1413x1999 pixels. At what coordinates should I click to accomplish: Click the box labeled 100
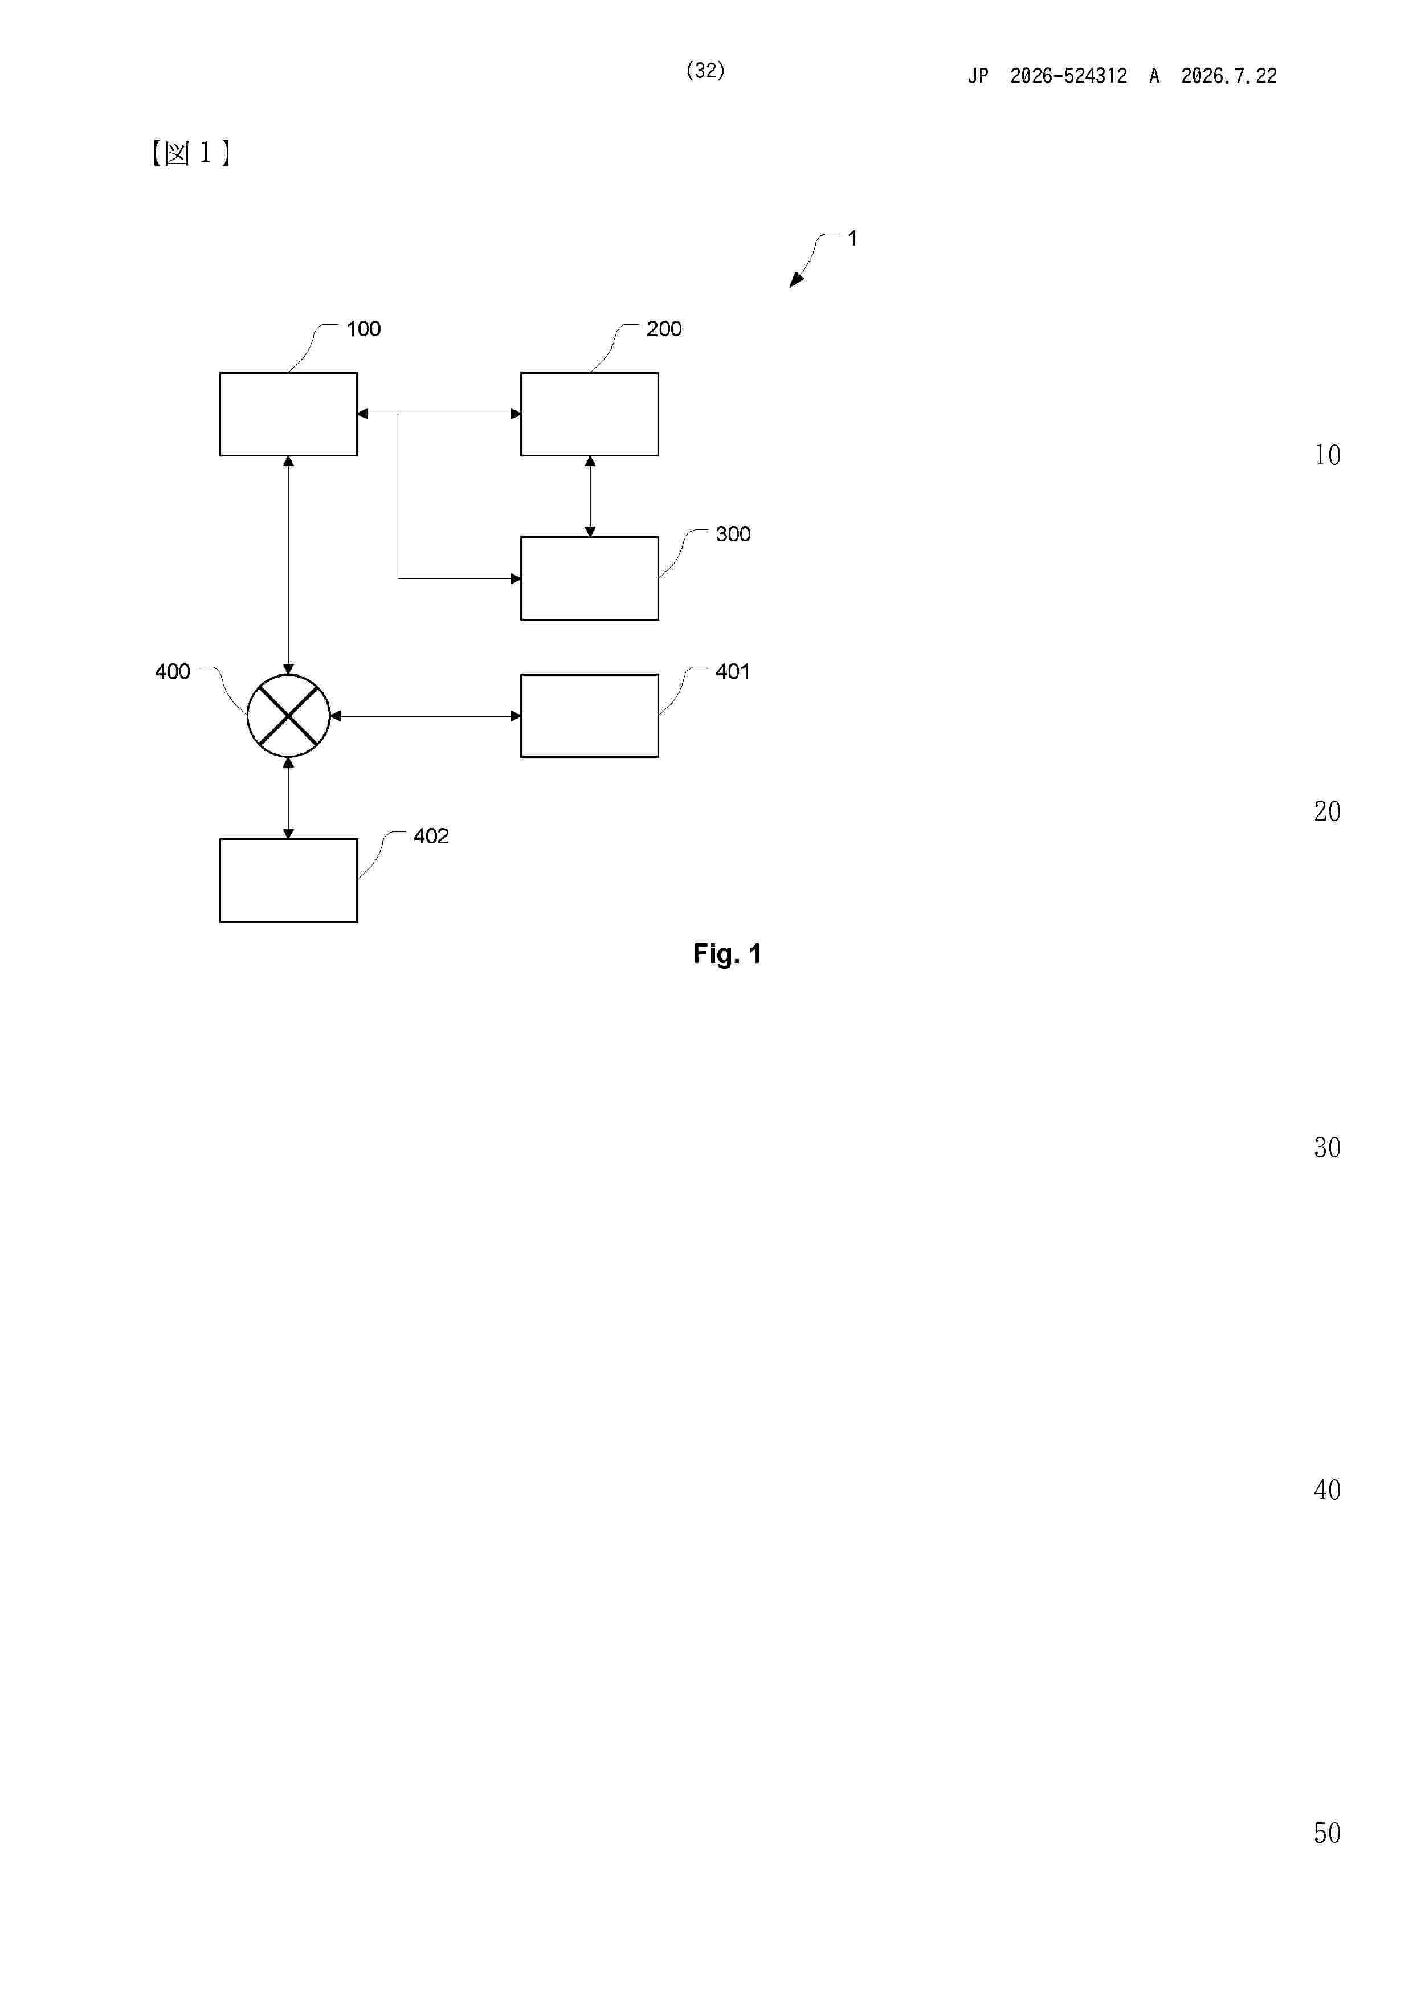click(x=288, y=414)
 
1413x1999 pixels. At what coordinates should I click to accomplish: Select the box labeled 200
click(x=589, y=414)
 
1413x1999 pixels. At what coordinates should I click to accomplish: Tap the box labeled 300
click(x=589, y=578)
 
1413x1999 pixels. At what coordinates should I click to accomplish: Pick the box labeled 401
click(x=589, y=716)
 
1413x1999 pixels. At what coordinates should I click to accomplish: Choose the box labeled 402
click(x=288, y=880)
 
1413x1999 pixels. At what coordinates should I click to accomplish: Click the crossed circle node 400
click(x=288, y=716)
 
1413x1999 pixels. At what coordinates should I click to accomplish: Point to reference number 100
click(x=364, y=329)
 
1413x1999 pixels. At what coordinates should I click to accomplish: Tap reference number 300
click(x=733, y=535)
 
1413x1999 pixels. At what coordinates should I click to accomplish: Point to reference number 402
click(x=431, y=837)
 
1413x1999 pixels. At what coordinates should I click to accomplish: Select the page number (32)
click(x=705, y=71)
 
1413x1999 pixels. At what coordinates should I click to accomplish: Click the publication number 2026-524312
click(x=1068, y=76)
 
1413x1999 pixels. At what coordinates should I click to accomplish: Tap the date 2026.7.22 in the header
click(x=1228, y=76)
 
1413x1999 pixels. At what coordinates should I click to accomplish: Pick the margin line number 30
click(x=1327, y=1148)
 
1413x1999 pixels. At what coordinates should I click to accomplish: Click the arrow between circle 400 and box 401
click(x=426, y=716)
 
